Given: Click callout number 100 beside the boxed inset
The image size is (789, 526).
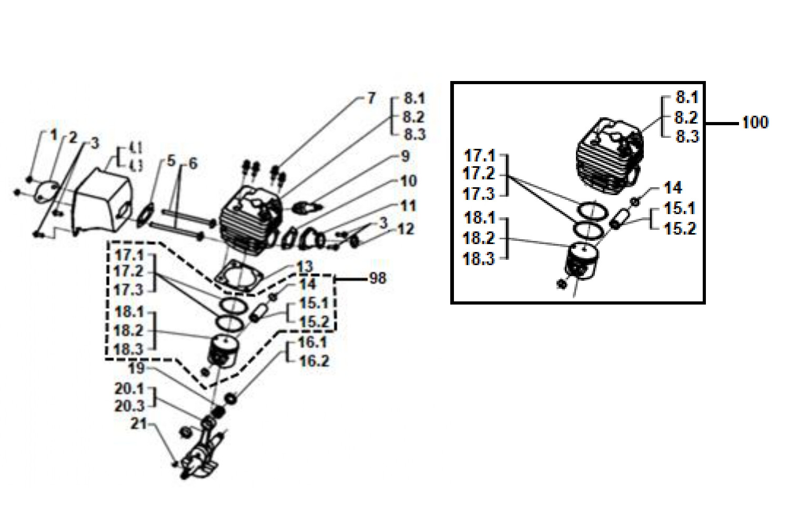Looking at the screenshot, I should [755, 123].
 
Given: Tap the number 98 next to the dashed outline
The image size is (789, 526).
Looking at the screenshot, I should [377, 278].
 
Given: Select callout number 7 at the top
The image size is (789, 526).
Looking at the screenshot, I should [371, 98].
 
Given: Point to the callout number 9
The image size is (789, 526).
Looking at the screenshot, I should [405, 156].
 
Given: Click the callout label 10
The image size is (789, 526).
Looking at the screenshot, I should [408, 181].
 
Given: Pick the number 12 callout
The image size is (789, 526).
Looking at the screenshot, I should [406, 229].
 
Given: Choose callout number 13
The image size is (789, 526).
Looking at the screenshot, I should [305, 267].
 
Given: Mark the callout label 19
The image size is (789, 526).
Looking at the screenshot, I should [136, 368].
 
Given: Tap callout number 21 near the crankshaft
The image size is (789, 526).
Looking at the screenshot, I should [138, 423].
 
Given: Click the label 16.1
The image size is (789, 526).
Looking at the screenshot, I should [312, 342].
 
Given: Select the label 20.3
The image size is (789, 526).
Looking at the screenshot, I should [129, 406].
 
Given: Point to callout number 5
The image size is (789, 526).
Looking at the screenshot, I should [171, 161].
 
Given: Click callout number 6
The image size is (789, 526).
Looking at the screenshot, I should [193, 164].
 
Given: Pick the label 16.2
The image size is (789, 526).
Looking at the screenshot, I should [314, 361].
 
